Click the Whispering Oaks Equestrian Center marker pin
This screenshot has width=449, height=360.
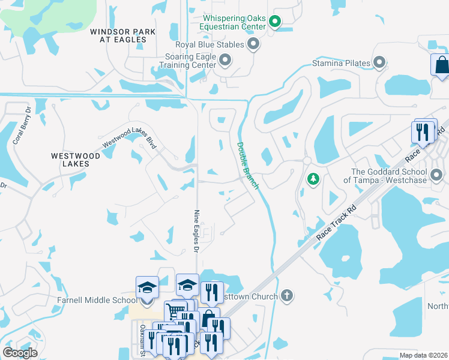point(275,23)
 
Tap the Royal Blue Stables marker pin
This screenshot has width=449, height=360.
point(253,44)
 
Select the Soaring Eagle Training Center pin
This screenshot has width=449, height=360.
point(225,59)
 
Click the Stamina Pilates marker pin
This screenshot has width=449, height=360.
point(379,62)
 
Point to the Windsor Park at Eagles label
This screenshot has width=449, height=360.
point(118,35)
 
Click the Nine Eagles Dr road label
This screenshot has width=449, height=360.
point(196,230)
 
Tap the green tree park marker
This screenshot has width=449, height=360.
point(312,179)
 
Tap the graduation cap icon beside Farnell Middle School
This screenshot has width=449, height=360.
point(147,287)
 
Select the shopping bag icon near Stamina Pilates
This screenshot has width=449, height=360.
point(441,64)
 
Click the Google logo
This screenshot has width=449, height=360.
point(20,353)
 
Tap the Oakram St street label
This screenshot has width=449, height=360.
point(143,340)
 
